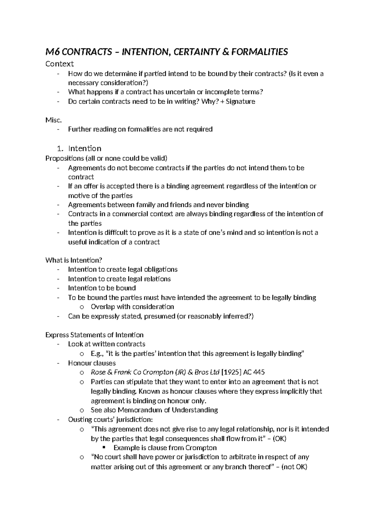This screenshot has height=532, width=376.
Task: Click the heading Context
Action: pos(60,64)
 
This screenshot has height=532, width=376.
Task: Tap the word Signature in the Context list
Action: pos(241,101)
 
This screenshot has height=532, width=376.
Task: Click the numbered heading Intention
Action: pos(85,148)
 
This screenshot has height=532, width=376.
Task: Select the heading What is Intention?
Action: pos(74,260)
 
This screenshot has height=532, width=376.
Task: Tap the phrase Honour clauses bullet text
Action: pos(92,363)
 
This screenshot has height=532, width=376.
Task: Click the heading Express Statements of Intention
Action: pos(94,335)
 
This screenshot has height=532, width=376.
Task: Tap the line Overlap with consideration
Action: pos(132,307)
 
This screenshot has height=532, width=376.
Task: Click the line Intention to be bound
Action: pos(102,288)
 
